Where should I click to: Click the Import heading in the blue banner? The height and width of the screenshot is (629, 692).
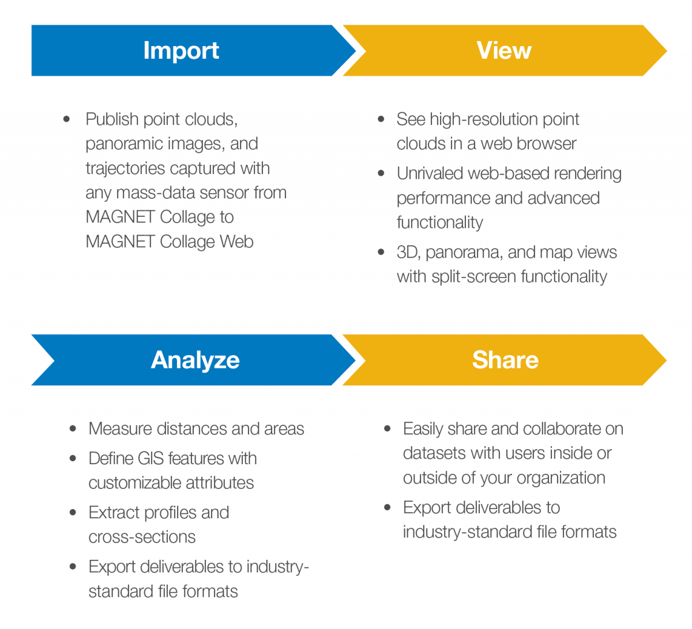pos(181,51)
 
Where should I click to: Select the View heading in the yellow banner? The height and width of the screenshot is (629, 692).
pos(504,51)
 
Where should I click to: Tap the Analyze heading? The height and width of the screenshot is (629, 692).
pos(195,360)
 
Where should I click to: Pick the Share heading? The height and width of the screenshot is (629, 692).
pos(505,360)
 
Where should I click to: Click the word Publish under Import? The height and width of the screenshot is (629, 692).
pos(112,119)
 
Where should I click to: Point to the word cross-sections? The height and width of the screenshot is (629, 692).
pos(142,537)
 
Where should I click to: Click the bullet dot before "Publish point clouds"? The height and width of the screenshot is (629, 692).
pos(67,119)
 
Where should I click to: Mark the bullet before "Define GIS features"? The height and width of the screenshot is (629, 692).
pos(73,458)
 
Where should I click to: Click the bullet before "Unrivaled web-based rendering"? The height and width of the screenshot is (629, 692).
pos(381,174)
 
